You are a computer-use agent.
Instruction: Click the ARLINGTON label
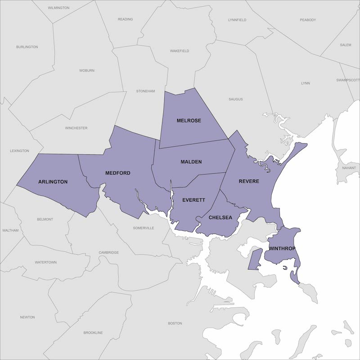[x=53, y=182]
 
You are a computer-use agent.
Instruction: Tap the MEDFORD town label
[x=118, y=173]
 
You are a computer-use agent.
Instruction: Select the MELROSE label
[x=189, y=121]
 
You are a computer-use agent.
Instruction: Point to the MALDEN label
[x=191, y=162]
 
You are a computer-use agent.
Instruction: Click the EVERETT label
[x=194, y=199]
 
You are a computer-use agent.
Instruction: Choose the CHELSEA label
[x=220, y=217]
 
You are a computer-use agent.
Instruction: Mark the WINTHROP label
[x=282, y=248]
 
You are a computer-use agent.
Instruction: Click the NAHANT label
[x=348, y=167]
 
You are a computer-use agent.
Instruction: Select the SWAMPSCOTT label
[x=347, y=80]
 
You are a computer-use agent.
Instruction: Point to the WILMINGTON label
[x=58, y=8]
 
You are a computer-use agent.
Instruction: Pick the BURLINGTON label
[x=27, y=47]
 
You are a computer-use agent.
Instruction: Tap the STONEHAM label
[x=145, y=91]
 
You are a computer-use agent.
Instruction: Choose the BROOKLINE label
[x=93, y=333]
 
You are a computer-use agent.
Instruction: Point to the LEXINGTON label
[x=19, y=151]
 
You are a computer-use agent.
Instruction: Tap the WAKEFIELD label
[x=179, y=51]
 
